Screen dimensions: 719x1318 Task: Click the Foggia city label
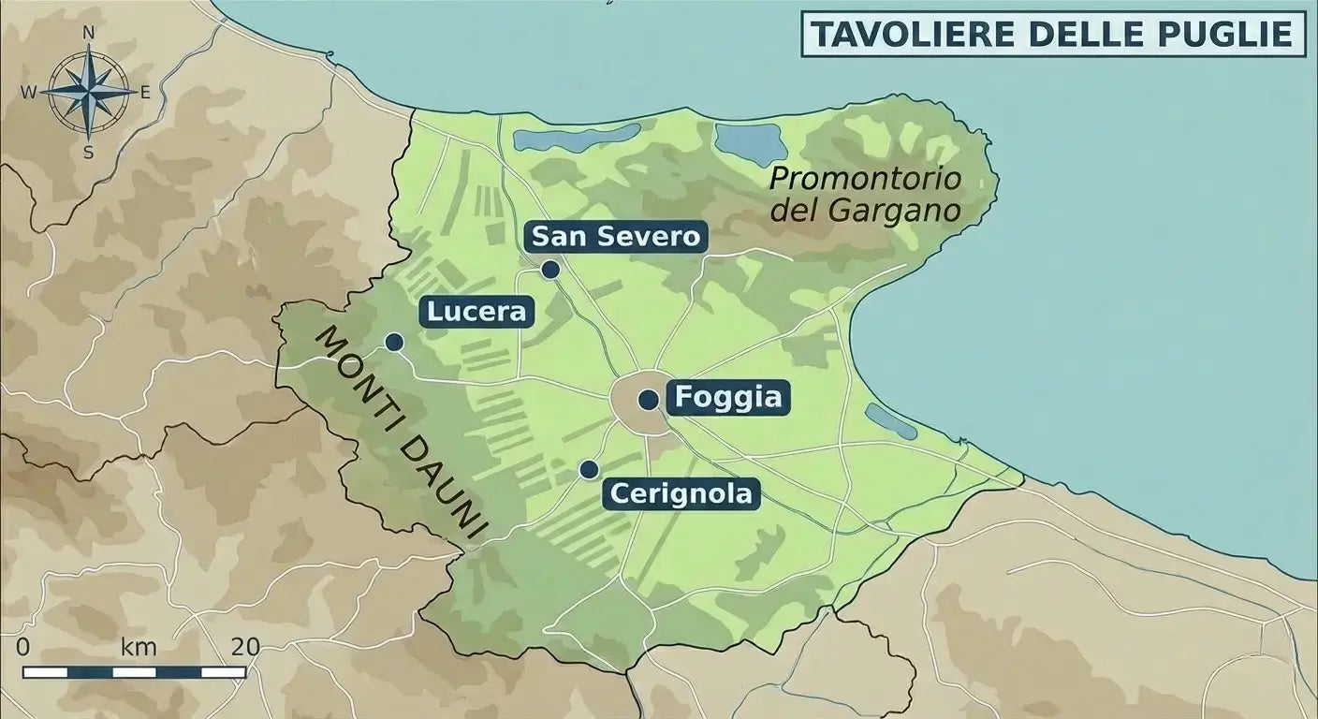(x=727, y=398)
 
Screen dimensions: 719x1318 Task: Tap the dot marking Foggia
(x=647, y=400)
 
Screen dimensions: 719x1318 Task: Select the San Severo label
(x=615, y=237)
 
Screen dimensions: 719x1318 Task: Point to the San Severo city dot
(x=550, y=270)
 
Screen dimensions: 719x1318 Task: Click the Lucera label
(x=477, y=311)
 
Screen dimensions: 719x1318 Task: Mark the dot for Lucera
(x=394, y=342)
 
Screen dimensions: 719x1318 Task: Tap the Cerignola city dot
(x=588, y=469)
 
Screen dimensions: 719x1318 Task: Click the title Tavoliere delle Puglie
(x=1052, y=34)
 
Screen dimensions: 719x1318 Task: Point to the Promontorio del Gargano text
(x=866, y=194)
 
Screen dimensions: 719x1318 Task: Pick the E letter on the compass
(x=145, y=92)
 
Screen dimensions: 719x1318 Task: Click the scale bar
(x=134, y=672)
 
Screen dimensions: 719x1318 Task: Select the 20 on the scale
(x=245, y=647)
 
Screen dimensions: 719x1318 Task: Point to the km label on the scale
(x=139, y=647)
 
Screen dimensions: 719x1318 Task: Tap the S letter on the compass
(x=89, y=154)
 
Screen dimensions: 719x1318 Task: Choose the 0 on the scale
(x=23, y=647)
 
